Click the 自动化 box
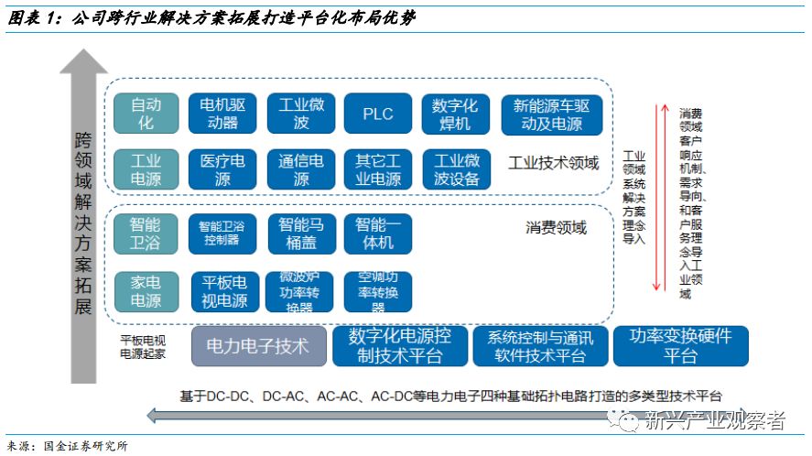point(145,114)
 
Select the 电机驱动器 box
point(222,114)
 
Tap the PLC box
point(378,114)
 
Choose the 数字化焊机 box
point(456,114)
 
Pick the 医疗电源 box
point(222,169)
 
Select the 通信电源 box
point(300,169)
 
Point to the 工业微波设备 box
point(456,169)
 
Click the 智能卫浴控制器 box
point(222,233)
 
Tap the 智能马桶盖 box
point(300,233)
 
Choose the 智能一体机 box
point(378,233)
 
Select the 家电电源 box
point(145,291)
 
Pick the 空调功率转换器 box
point(378,291)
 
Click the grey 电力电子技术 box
point(258,346)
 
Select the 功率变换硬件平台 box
point(680,346)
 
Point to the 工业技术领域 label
point(553,163)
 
